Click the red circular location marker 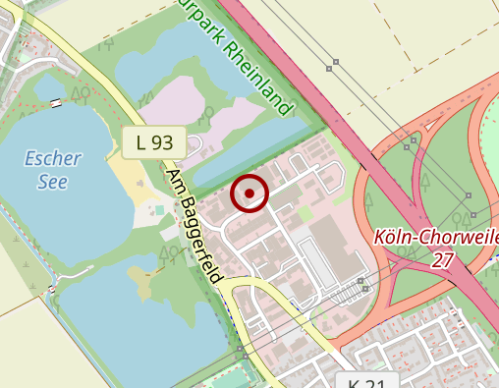point(249,194)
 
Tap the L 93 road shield point(154,142)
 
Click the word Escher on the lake point(53,158)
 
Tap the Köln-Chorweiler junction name point(437,238)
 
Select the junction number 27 point(442,259)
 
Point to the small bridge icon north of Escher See point(56,102)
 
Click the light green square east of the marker point(305,212)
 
